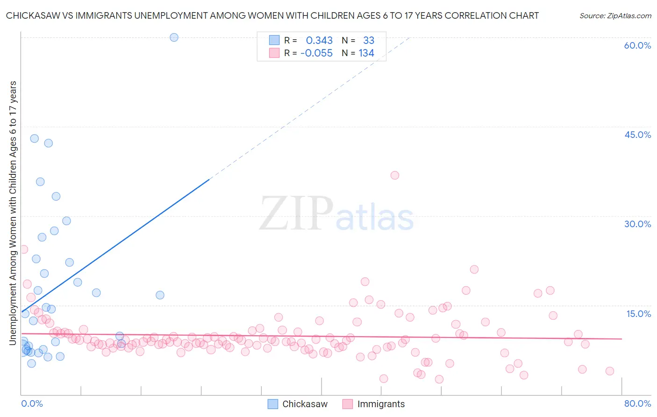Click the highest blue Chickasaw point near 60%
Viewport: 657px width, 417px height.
tap(174, 37)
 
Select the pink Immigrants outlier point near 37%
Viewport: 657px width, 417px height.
tap(395, 175)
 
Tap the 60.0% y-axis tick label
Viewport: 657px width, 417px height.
tap(637, 45)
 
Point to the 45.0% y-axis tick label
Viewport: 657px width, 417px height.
tap(637, 135)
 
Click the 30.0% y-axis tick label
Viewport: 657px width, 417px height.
tap(637, 224)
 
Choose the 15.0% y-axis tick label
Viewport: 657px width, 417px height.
tap(638, 314)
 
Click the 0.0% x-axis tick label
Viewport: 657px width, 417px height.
tap(32, 403)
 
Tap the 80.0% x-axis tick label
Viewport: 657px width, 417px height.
tap(637, 403)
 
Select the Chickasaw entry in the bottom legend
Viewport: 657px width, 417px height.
tap(305, 404)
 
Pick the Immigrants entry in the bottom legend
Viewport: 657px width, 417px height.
tap(381, 404)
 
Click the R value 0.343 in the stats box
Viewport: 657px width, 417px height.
tap(319, 41)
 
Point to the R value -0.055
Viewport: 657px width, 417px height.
tap(316, 53)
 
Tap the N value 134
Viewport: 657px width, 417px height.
tap(366, 53)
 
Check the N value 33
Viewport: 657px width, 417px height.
tap(369, 41)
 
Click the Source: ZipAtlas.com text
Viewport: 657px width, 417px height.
tap(615, 16)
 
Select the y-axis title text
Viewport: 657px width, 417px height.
tap(13, 213)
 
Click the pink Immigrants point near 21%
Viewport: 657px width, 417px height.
tap(474, 269)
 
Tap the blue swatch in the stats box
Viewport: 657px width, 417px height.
tap(274, 40)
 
